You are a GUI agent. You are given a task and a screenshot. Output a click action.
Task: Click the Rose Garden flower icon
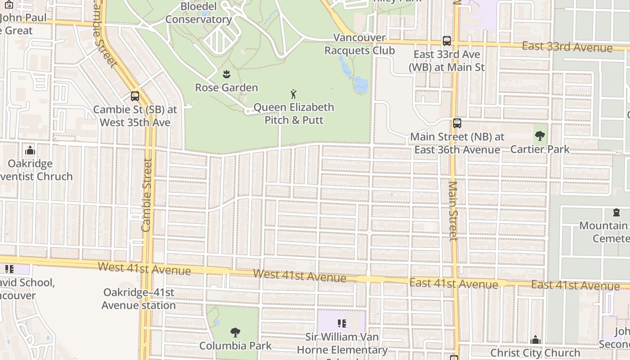[226, 73]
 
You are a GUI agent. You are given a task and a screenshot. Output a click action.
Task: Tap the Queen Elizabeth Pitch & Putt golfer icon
[294, 94]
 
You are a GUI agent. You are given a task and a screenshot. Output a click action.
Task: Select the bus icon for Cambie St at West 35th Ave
[135, 96]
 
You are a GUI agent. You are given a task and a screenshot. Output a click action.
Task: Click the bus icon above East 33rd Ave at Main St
[446, 41]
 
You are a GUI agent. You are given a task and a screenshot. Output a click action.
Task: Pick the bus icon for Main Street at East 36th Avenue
[457, 123]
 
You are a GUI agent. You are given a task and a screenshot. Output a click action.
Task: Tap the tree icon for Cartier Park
[540, 135]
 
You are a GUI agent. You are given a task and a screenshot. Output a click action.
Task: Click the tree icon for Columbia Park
[235, 333]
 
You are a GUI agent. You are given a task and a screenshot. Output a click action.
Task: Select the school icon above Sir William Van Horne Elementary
[342, 324]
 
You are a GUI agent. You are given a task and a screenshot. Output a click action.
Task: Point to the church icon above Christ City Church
[535, 339]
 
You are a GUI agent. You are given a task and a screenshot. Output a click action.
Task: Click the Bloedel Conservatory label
[198, 13]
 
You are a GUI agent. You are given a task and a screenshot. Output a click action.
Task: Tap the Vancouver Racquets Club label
[360, 44]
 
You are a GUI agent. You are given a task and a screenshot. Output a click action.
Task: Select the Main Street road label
[453, 211]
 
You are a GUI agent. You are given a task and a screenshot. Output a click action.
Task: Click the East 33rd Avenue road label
[567, 46]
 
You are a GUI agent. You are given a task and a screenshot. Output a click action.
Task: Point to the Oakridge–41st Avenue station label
[139, 299]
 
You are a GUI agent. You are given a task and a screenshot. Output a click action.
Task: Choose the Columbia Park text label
[235, 346]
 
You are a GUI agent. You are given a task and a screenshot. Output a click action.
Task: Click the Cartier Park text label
[540, 149]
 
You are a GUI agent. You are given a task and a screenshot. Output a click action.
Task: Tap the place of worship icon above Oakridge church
[30, 150]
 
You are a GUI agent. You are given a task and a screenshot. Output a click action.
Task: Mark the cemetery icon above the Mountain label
[616, 212]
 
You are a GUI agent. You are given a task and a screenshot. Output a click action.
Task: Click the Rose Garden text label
[226, 87]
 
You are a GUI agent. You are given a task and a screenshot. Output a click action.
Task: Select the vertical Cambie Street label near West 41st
[147, 195]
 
